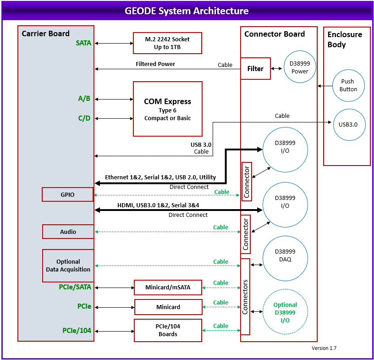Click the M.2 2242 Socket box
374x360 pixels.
(x=167, y=43)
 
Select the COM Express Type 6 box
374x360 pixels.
(x=167, y=109)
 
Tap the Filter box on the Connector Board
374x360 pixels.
(x=255, y=69)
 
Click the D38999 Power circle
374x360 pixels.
(x=300, y=67)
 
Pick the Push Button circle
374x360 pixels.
(x=348, y=85)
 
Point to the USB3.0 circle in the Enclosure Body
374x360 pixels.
(x=349, y=124)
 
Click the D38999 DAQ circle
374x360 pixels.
(x=285, y=259)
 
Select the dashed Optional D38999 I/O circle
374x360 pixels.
(x=285, y=312)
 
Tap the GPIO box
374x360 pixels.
(x=68, y=194)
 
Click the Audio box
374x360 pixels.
(x=68, y=232)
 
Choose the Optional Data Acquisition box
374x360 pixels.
(x=68, y=266)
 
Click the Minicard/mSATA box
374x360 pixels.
(x=168, y=288)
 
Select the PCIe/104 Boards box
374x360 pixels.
(x=168, y=330)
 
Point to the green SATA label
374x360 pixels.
(x=83, y=43)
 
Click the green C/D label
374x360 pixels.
(x=84, y=118)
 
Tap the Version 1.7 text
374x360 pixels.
(x=324, y=348)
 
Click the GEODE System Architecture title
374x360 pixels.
(x=187, y=11)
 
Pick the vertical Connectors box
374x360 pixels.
(x=245, y=297)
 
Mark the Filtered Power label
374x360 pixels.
(x=155, y=64)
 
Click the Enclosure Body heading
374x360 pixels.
(x=345, y=39)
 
